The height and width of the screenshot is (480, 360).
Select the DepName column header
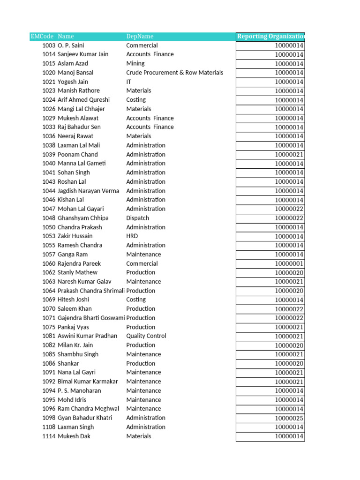pyautogui.click(x=140, y=37)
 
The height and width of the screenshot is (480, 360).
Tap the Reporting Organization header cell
pyautogui.click(x=270, y=37)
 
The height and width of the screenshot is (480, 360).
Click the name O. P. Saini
pyautogui.click(x=75, y=45)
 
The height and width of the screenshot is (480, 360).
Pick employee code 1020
pyautogui.click(x=49, y=73)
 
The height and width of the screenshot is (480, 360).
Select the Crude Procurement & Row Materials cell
pyautogui.click(x=174, y=73)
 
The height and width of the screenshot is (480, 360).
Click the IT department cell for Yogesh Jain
pyautogui.click(x=129, y=82)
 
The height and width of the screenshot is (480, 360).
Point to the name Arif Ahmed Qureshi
pyautogui.click(x=83, y=100)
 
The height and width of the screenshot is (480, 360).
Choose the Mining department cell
pyautogui.click(x=135, y=64)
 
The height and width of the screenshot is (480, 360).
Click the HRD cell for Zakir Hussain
pyautogui.click(x=132, y=236)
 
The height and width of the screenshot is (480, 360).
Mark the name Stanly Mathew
pyautogui.click(x=77, y=272)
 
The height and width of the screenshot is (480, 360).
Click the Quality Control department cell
pyautogui.click(x=146, y=336)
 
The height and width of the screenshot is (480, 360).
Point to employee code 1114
pyautogui.click(x=49, y=436)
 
